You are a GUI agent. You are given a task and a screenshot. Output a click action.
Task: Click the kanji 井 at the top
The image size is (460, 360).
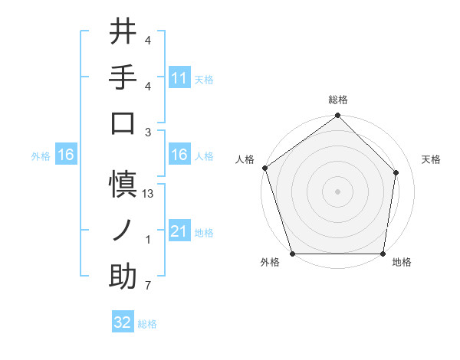(123, 32)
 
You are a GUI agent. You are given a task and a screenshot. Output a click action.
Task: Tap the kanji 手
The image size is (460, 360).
(123, 77)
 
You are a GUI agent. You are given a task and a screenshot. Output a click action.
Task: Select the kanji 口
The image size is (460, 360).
(123, 123)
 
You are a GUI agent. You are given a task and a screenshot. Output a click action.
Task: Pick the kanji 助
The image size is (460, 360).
(123, 277)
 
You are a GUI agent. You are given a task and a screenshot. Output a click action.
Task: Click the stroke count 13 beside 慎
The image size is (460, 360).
(148, 194)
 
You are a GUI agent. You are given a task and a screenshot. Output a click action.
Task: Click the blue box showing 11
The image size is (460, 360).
(179, 77)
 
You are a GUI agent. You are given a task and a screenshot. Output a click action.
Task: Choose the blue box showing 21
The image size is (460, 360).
(179, 231)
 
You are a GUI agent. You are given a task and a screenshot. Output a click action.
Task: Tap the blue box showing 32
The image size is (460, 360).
(123, 322)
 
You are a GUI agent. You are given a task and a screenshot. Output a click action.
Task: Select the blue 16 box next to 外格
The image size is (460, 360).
(65, 155)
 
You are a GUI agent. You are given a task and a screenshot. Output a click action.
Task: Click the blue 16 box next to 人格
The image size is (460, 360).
(179, 155)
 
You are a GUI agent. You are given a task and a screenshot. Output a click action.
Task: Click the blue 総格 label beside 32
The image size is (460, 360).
(147, 324)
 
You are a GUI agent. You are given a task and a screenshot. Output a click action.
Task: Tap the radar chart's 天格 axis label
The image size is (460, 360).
(431, 159)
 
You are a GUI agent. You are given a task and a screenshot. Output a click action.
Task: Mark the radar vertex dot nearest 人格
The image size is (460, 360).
(264, 168)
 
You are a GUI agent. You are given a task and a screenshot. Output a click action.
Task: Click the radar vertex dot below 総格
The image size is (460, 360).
(337, 116)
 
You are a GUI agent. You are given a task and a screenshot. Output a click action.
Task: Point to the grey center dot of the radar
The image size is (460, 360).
(337, 191)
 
